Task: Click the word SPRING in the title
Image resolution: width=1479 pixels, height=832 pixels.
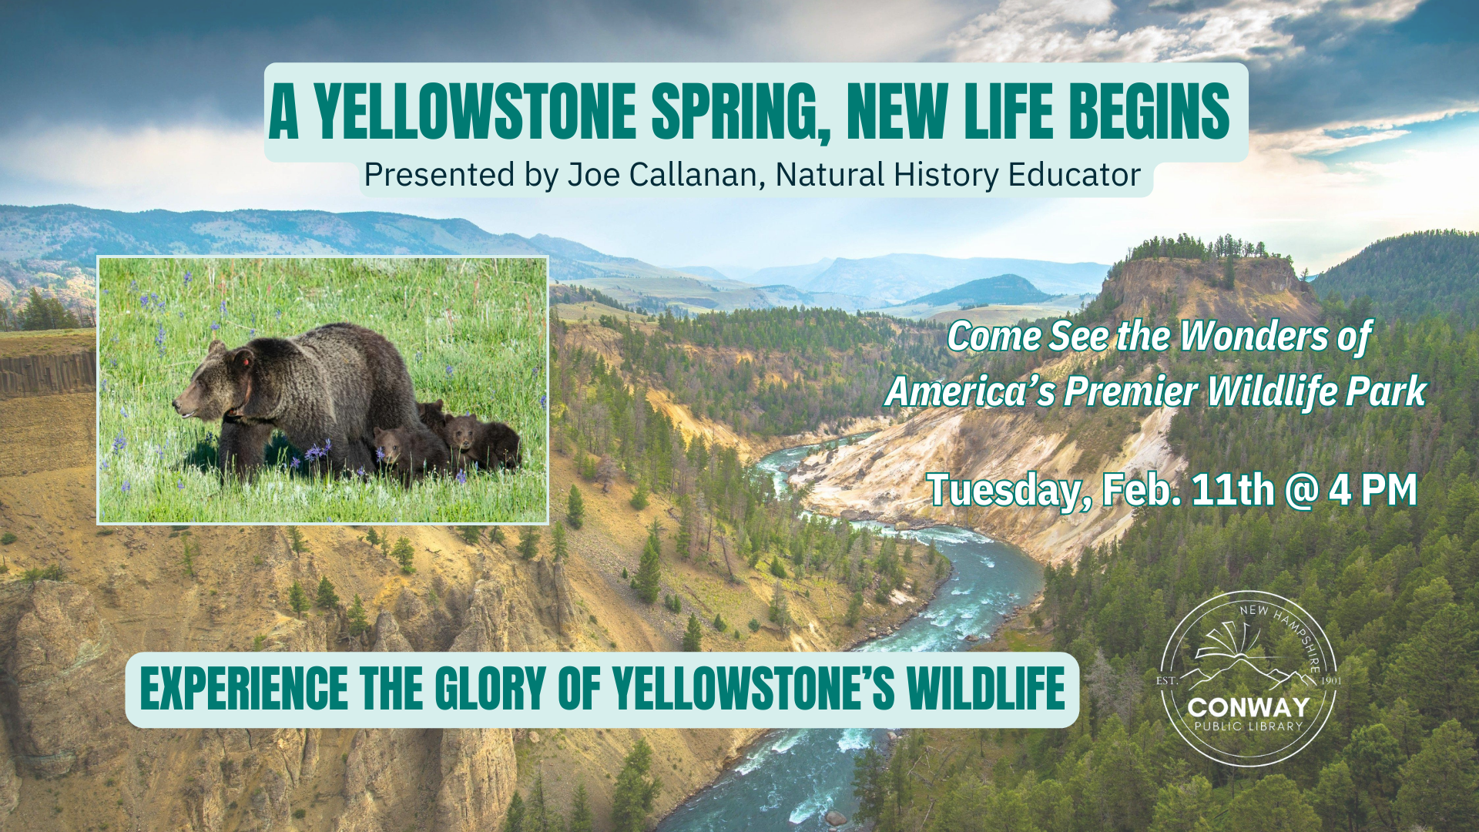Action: click(x=743, y=112)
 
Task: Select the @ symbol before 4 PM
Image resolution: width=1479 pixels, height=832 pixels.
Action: click(x=1302, y=491)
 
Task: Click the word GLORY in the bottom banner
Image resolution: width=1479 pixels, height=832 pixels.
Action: click(x=491, y=689)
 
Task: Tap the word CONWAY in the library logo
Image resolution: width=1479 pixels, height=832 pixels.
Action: click(x=1249, y=707)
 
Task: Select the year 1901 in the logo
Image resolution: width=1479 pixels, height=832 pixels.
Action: click(x=1331, y=681)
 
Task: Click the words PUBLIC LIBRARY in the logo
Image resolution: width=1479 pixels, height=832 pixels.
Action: click(x=1249, y=726)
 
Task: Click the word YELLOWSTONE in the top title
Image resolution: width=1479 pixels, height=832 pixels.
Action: click(x=475, y=112)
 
